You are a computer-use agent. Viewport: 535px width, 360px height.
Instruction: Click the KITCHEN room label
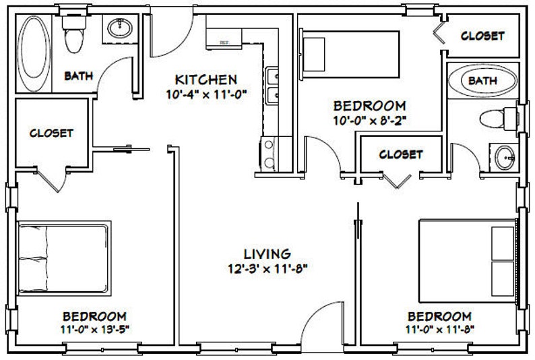pos(206,79)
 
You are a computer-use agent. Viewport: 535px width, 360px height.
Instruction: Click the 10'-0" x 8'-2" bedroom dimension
pos(369,121)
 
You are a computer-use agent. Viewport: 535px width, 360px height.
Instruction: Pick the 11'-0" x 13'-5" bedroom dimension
pos(94,331)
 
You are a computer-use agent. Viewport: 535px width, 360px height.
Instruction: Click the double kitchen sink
pos(274,86)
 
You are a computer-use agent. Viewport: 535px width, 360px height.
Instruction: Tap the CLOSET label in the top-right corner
pos(482,36)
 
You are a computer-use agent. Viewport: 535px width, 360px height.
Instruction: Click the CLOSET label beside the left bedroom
pos(51,133)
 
